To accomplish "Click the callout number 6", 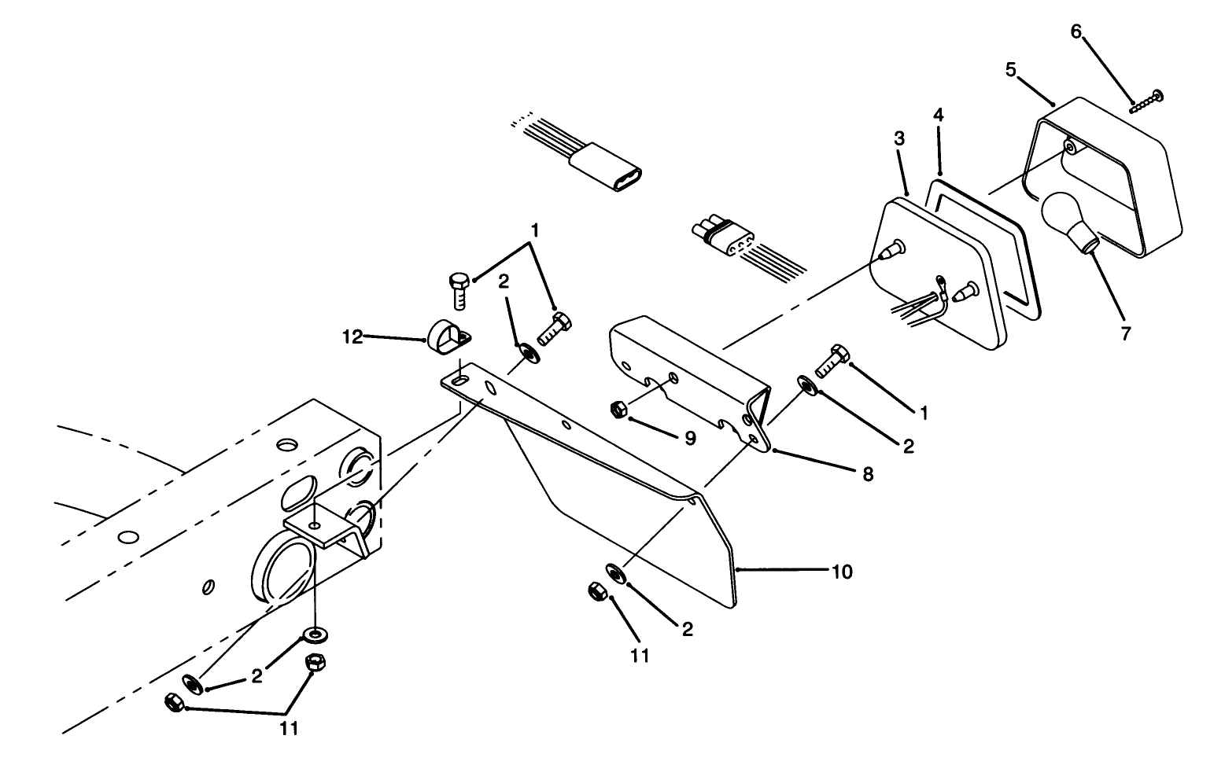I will (1076, 31).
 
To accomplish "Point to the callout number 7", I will (1125, 333).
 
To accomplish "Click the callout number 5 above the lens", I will (1011, 70).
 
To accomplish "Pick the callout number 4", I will (938, 115).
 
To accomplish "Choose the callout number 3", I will (899, 139).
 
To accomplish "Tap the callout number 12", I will (352, 337).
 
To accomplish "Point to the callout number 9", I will (689, 438).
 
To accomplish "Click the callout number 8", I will (867, 474).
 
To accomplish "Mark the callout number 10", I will (841, 572).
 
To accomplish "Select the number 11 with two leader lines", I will (290, 729).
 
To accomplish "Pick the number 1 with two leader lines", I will (534, 231).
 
